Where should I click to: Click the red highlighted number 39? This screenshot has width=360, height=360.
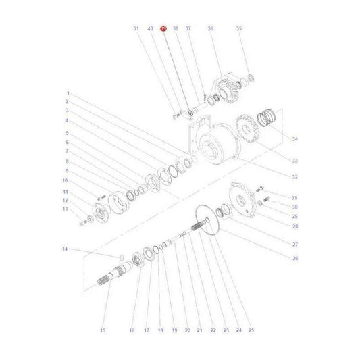pyautogui.click(x=163, y=29)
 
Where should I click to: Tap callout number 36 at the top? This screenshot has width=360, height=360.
pyautogui.click(x=210, y=29)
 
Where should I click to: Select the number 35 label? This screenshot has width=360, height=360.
pyautogui.click(x=238, y=29)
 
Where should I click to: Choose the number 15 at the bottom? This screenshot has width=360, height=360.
pyautogui.click(x=103, y=330)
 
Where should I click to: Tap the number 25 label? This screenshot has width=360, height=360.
pyautogui.click(x=251, y=330)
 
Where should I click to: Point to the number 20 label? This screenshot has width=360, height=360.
pyautogui.click(x=186, y=330)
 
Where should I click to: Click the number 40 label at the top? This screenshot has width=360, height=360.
pyautogui.click(x=150, y=29)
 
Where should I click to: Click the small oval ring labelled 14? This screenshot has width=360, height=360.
pyautogui.click(x=116, y=257)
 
